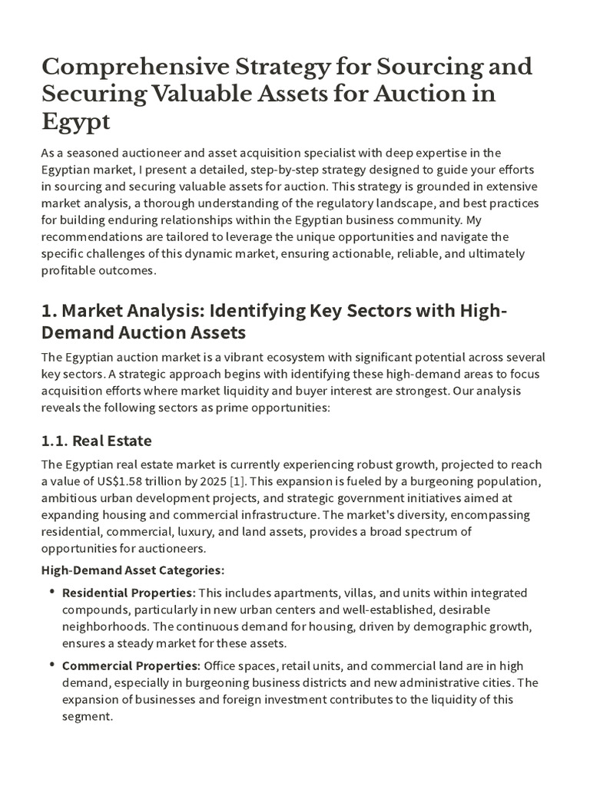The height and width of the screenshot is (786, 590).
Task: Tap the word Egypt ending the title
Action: tap(75, 122)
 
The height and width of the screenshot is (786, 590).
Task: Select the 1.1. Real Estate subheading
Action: tap(96, 441)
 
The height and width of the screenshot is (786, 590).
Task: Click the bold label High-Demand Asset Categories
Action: tap(132, 570)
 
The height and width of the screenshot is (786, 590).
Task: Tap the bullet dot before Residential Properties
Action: tap(52, 592)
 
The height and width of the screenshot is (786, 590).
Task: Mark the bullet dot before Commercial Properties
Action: tap(52, 665)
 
